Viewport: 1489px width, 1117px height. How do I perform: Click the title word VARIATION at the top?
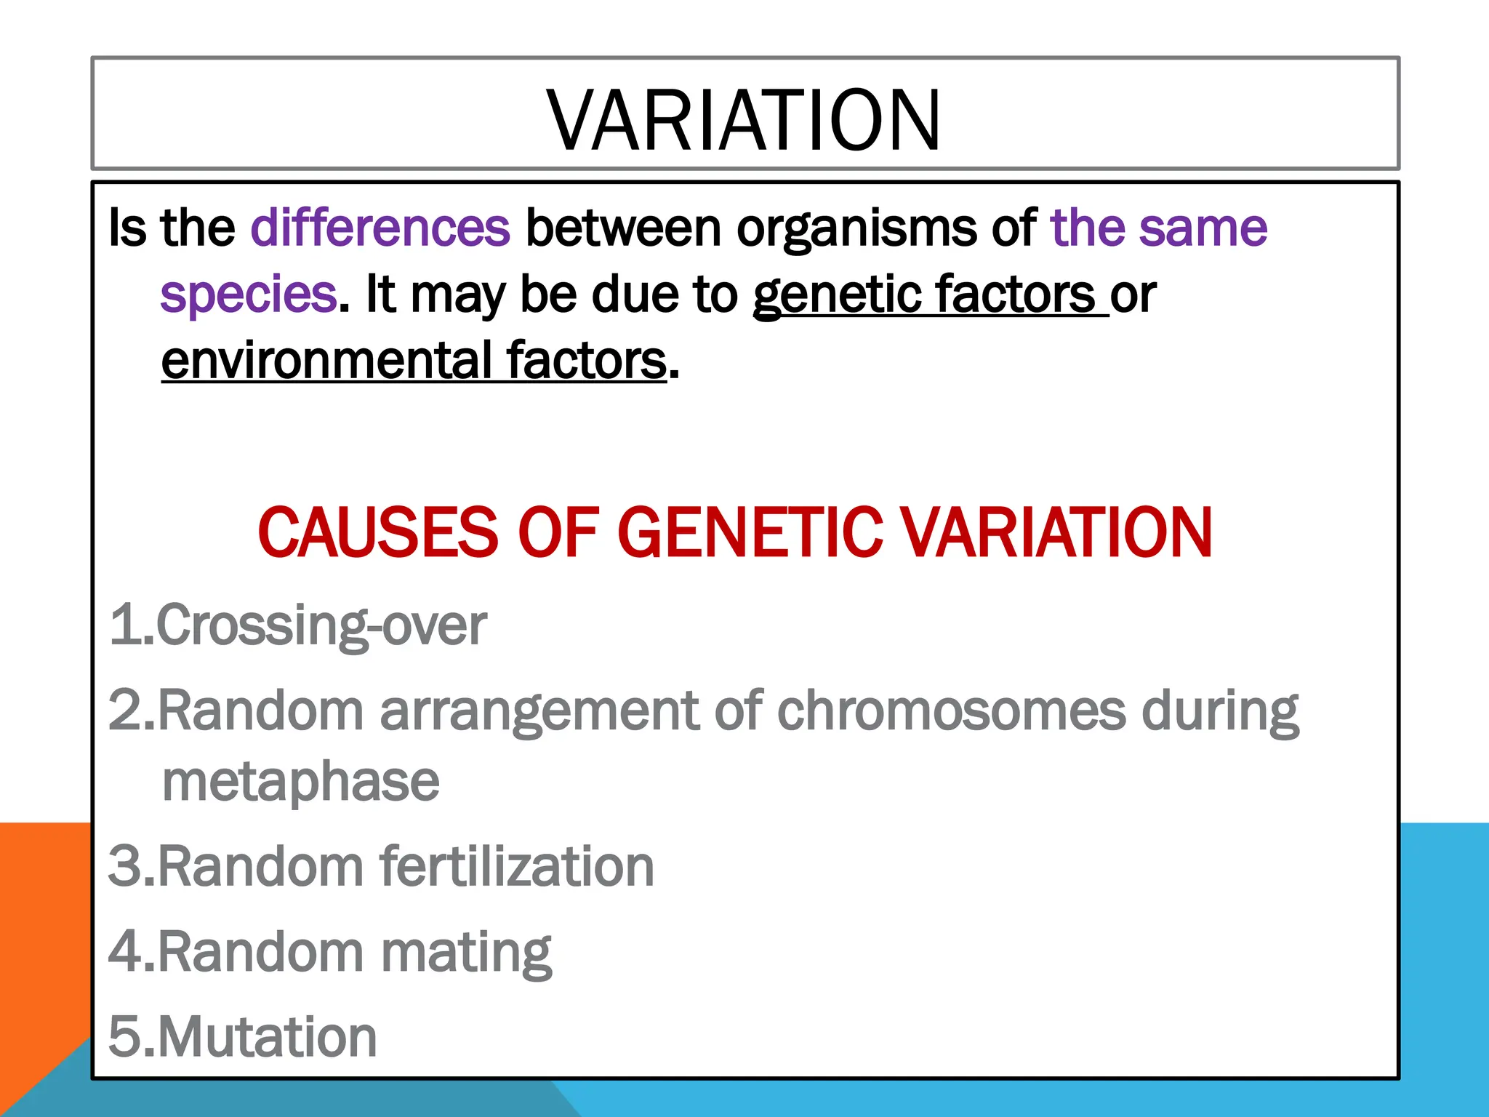pos(744,120)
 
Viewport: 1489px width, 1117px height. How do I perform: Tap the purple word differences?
pos(380,228)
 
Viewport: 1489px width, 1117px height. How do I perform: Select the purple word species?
pos(248,295)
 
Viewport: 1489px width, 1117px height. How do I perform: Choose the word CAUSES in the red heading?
pos(377,533)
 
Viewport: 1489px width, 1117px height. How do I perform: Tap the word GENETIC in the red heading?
pos(750,533)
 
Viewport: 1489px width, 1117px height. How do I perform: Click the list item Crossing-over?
pos(320,625)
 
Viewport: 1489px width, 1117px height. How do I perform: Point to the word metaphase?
pos(300,782)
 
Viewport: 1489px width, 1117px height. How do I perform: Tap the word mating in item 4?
pos(466,953)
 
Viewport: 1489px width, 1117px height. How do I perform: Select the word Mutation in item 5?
pos(267,1037)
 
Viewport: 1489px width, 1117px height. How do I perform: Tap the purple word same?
pos(1203,228)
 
